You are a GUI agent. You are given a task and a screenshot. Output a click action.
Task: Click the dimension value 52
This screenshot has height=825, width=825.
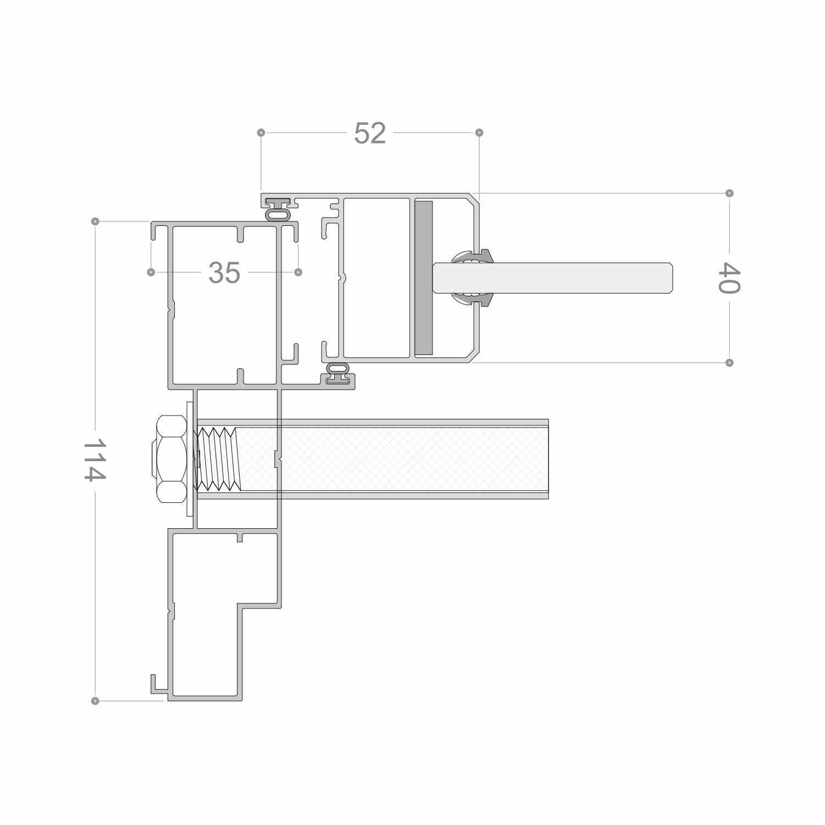tap(370, 133)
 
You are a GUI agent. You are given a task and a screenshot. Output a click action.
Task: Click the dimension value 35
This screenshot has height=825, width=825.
tap(224, 273)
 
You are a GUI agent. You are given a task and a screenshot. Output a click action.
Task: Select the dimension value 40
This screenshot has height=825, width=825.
tap(729, 278)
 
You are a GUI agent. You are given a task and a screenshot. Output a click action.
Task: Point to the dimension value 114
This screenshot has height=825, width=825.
tap(95, 459)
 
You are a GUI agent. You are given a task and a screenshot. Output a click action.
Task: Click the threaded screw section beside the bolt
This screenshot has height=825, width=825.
tap(219, 459)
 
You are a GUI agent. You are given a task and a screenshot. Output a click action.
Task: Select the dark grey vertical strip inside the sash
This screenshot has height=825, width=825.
tap(424, 278)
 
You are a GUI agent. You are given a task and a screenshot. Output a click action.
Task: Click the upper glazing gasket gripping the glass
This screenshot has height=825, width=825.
tap(473, 257)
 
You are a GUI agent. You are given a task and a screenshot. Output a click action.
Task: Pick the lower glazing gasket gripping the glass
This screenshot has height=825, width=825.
tap(473, 298)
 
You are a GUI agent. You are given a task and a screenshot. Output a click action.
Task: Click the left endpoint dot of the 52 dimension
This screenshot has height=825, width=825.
tap(261, 132)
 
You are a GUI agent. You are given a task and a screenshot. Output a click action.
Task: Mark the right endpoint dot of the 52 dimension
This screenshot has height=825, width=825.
tap(479, 132)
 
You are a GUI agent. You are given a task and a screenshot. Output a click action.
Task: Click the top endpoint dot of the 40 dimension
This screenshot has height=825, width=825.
tap(729, 193)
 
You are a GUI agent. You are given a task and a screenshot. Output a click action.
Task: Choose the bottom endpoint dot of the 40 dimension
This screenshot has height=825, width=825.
tap(729, 363)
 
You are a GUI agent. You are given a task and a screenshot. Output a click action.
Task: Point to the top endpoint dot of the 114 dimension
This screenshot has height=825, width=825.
tap(95, 222)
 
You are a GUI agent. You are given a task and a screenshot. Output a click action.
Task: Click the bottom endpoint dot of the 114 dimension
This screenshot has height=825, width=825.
tap(95, 701)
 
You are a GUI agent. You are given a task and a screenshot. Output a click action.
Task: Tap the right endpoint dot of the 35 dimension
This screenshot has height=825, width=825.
tap(298, 272)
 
